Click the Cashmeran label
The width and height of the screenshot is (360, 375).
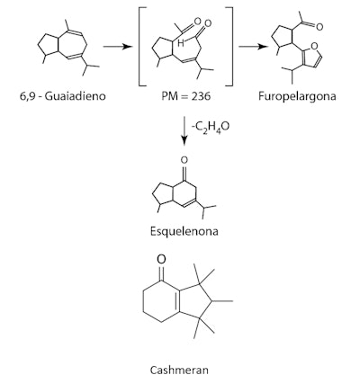point(183,366)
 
